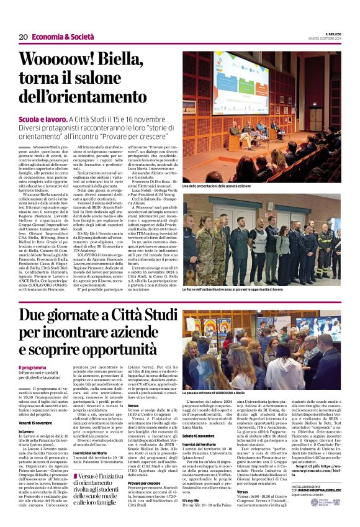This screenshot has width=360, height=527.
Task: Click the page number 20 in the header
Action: pos(23,37)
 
